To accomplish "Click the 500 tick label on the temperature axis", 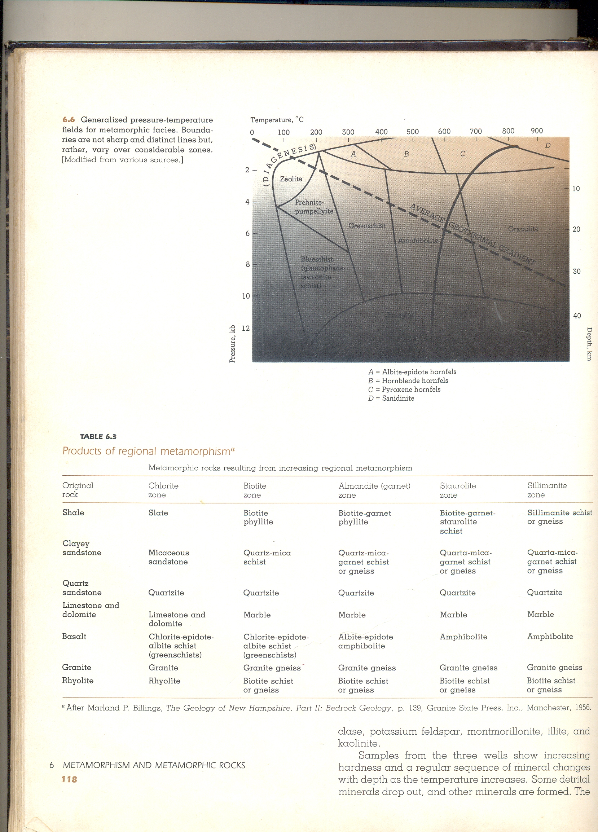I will [412, 131].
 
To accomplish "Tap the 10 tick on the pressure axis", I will [246, 296].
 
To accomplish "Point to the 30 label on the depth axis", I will [576, 271].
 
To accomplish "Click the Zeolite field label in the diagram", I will [291, 179].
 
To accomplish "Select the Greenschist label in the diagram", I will [367, 226].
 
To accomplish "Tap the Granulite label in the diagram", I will [523, 229].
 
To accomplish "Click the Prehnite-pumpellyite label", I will [314, 207].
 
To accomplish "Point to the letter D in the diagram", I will [548, 145].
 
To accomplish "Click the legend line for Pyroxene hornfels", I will [404, 389].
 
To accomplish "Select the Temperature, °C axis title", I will [277, 120].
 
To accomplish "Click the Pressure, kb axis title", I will [232, 344].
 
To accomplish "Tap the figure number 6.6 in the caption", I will [69, 120].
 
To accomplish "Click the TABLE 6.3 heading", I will [98, 436].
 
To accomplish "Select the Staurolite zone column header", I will [458, 490].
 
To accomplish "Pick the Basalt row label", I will [74, 637].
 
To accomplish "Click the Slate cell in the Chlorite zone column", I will [158, 513].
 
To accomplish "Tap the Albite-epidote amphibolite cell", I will [365, 641].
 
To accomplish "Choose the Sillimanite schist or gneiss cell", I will [559, 517].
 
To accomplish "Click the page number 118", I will [69, 779].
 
